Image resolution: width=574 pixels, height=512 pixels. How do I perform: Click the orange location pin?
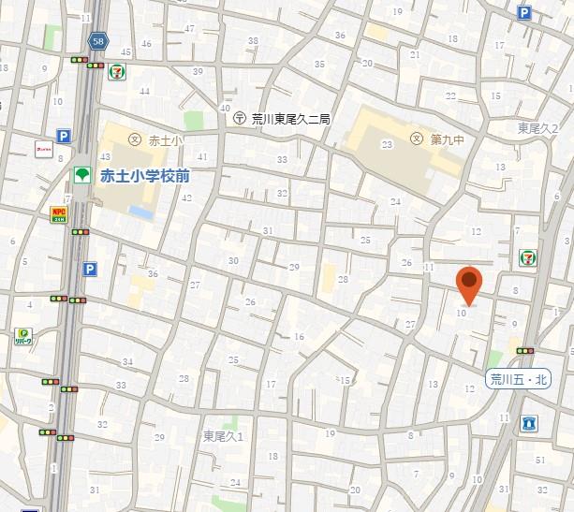click(x=469, y=284)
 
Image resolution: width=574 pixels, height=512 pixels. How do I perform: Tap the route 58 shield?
click(x=98, y=41)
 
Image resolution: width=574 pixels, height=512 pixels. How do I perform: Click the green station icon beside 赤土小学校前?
click(x=81, y=175)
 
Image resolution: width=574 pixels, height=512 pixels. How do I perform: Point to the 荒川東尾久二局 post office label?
click(x=291, y=118)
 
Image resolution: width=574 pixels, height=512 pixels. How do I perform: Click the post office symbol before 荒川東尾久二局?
click(x=240, y=118)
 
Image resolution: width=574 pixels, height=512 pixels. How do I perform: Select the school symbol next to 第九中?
click(x=416, y=139)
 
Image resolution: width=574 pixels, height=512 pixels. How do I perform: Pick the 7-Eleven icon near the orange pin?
click(x=529, y=256)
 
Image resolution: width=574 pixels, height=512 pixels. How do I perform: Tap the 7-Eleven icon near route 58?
click(x=117, y=72)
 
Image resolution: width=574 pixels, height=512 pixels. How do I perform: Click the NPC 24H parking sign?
click(x=58, y=213)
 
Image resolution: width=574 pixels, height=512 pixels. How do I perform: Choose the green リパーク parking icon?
click(x=23, y=335)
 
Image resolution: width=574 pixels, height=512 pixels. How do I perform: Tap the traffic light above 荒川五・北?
click(x=524, y=351)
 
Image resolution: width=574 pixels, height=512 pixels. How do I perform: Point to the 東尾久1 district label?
click(x=223, y=436)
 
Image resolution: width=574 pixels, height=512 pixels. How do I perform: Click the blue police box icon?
click(x=531, y=424)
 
